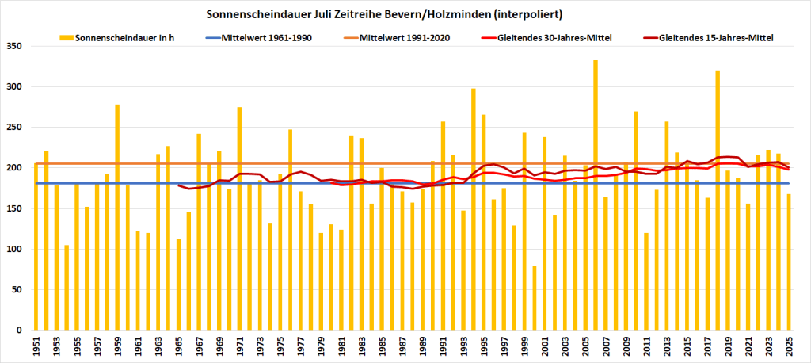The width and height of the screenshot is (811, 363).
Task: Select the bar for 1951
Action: coord(36,246)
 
